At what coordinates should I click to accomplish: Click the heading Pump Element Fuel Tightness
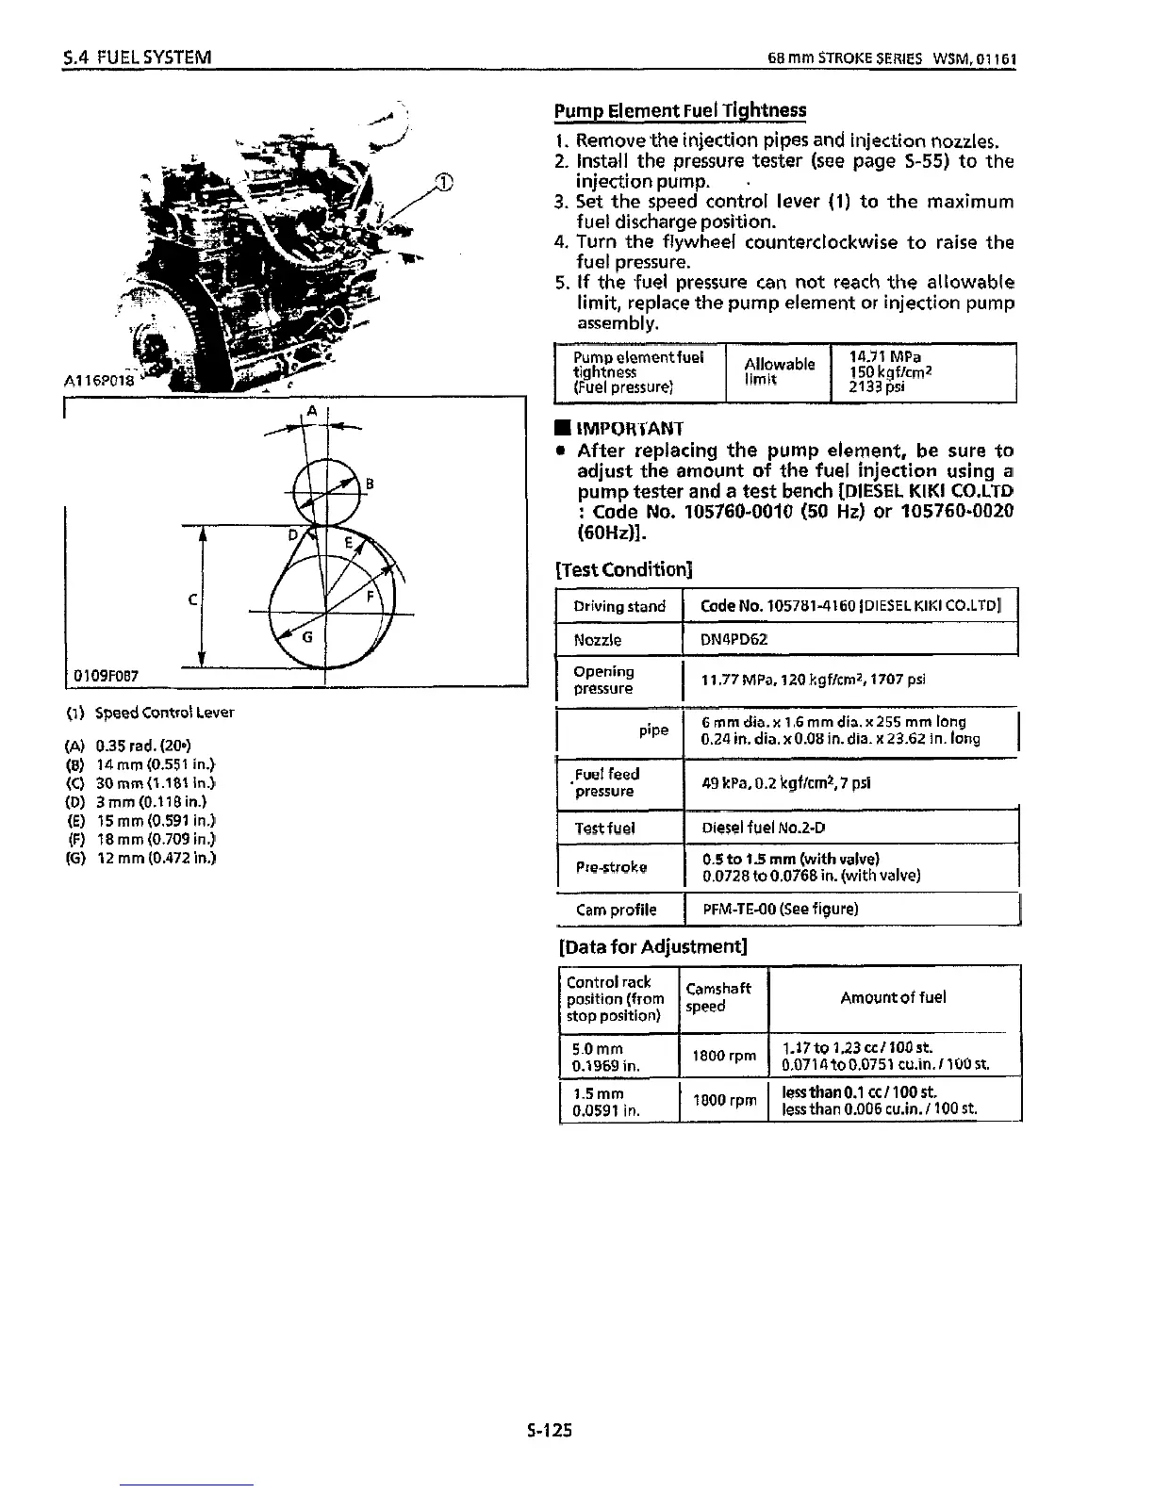(680, 111)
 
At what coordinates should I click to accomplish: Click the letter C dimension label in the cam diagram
(192, 599)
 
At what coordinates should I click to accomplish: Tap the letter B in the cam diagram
(370, 485)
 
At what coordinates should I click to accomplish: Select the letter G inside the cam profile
(307, 638)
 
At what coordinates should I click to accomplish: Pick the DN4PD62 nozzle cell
(734, 639)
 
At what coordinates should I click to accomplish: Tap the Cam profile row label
(616, 910)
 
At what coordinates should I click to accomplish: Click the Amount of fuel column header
(893, 997)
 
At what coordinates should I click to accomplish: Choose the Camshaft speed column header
(718, 997)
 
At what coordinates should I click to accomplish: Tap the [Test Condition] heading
(624, 569)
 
